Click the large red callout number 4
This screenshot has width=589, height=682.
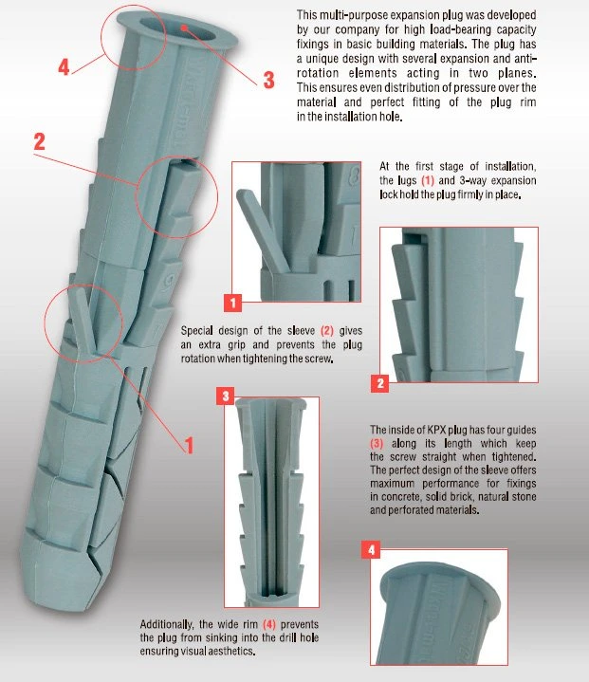[x=64, y=67]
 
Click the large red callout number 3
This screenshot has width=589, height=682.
[x=269, y=80]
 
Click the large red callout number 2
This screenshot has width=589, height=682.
[x=39, y=141]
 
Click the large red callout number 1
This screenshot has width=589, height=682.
[x=189, y=446]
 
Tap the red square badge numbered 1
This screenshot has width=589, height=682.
[x=232, y=303]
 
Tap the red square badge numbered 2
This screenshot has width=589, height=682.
[x=380, y=383]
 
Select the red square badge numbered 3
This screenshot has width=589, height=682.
[x=226, y=396]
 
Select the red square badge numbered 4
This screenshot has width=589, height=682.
[x=371, y=549]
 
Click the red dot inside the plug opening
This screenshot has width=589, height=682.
[x=184, y=28]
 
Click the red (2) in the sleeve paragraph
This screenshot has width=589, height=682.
[x=327, y=330]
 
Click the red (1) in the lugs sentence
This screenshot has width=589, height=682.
[x=428, y=180]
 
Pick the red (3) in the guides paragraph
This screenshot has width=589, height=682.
[x=377, y=443]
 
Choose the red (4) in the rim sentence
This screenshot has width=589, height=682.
[x=269, y=624]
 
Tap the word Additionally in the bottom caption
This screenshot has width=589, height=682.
[x=167, y=624]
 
